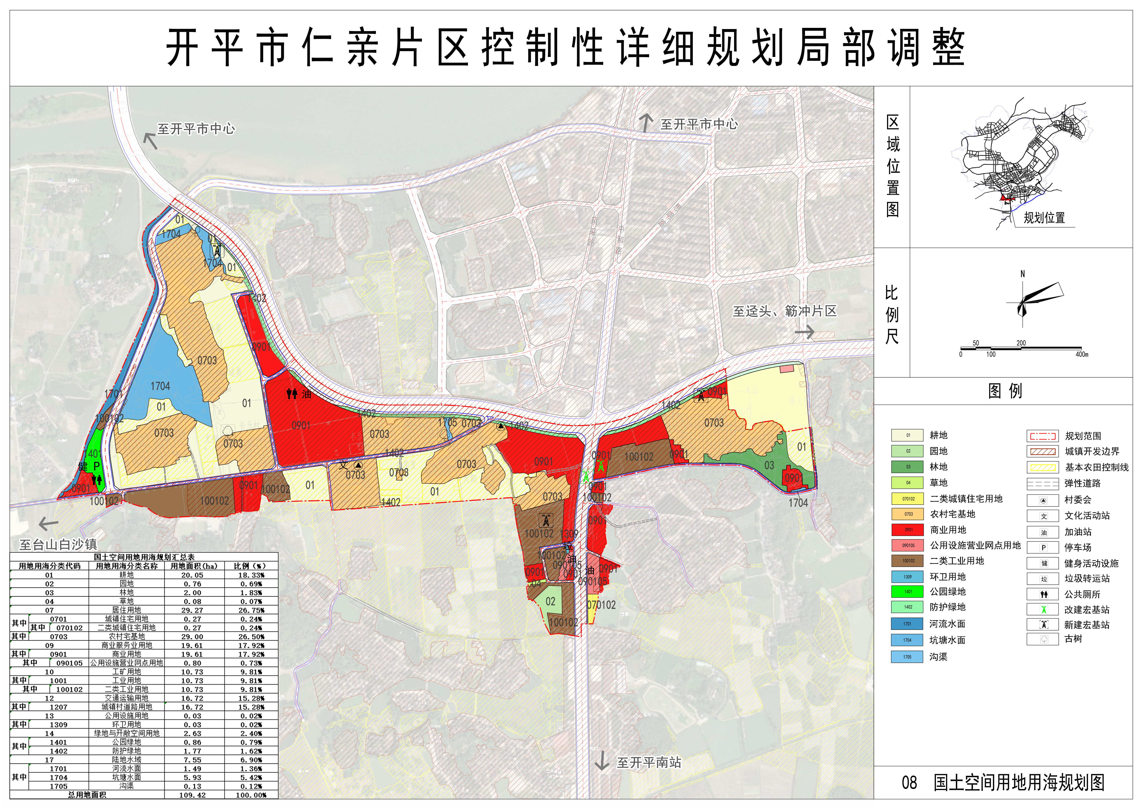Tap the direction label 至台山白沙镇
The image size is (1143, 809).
(58, 545)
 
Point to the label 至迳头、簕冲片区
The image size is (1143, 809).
(785, 311)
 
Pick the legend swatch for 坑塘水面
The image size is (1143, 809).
(907, 640)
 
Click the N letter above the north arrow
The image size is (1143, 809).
(1023, 274)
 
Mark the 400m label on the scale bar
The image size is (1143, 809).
(1082, 355)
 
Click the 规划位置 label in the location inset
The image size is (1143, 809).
(1044, 218)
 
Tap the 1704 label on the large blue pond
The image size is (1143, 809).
(160, 386)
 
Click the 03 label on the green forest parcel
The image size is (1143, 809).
(769, 465)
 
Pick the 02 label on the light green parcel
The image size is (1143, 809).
(550, 601)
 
